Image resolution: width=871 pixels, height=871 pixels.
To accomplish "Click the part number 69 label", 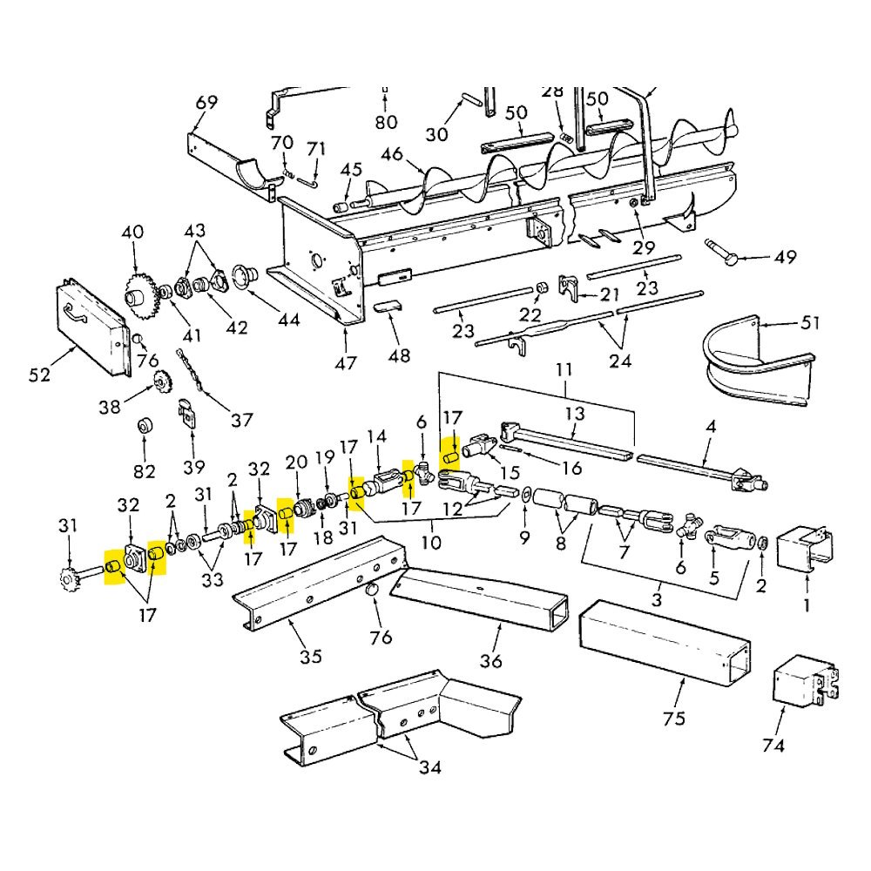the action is coord(207,103).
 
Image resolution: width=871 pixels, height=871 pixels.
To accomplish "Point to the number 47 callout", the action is coord(346,363).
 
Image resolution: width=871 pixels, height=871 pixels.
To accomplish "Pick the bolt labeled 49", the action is coord(721,252).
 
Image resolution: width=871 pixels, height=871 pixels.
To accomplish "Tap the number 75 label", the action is coord(674,719).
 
